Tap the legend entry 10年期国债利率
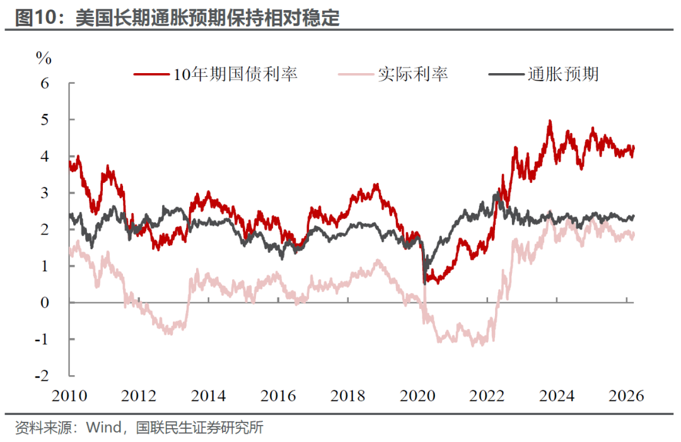coord(235,74)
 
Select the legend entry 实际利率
coord(413,74)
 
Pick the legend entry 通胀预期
coord(563,74)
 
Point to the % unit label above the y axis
coord(43,59)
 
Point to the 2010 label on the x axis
coord(69,396)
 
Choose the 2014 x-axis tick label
coord(209,396)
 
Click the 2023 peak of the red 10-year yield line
coord(550,121)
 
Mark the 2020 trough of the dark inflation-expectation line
coord(424,283)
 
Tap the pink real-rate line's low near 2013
coord(168,332)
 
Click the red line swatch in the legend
coord(153,74)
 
